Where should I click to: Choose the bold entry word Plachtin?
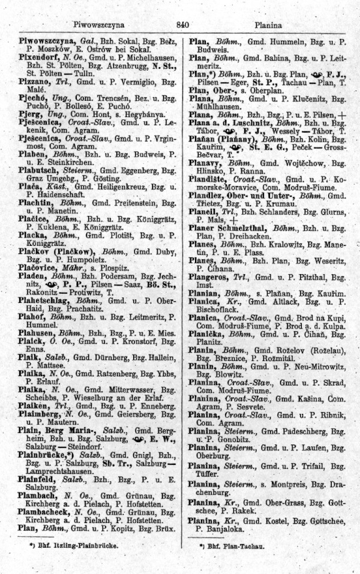click(x=37, y=205)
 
